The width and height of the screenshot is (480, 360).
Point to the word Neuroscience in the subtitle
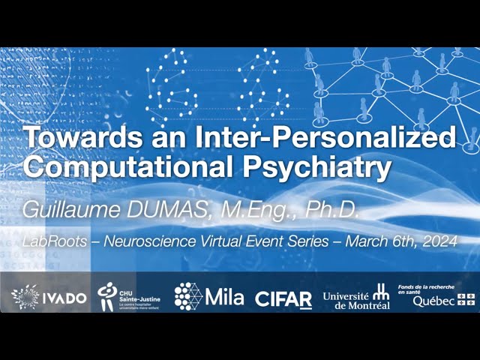click(139, 241)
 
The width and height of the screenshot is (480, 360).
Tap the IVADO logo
click(49, 297)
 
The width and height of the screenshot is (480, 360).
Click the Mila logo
click(209, 297)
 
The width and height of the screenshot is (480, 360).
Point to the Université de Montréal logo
click(356, 298)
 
